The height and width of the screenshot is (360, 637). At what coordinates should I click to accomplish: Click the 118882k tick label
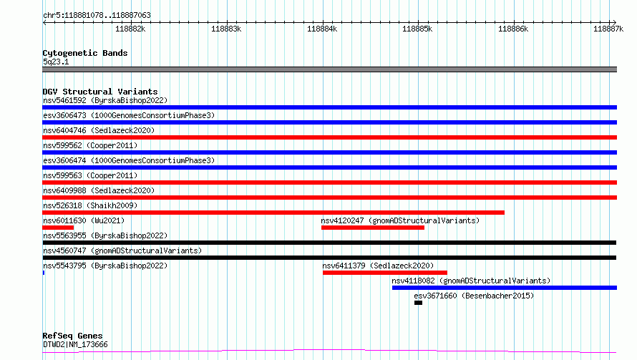tap(130, 29)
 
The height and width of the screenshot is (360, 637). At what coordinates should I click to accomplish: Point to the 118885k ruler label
tap(417, 29)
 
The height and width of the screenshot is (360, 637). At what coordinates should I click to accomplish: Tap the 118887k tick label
tap(608, 29)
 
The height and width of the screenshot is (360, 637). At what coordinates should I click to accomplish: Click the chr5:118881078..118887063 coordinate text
tap(97, 15)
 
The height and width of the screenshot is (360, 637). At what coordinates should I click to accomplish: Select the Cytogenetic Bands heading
tap(85, 53)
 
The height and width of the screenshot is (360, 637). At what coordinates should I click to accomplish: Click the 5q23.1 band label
tap(56, 62)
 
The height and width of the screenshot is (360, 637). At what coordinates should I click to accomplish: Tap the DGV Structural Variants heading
tap(100, 92)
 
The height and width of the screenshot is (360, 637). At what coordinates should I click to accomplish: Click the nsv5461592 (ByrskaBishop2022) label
tap(105, 100)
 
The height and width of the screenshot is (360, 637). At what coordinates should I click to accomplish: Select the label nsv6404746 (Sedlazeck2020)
tap(99, 130)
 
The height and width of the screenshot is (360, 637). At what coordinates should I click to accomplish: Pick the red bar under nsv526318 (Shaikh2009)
tap(273, 213)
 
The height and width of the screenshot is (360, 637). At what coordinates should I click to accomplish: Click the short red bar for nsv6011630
tap(58, 228)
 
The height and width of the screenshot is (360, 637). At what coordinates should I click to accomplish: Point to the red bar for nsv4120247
tap(372, 228)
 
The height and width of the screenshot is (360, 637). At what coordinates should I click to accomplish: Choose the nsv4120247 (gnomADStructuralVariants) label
tap(400, 220)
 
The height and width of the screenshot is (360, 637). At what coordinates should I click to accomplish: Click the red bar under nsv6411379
tap(385, 273)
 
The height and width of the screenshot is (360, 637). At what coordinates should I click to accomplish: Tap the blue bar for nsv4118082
tap(505, 288)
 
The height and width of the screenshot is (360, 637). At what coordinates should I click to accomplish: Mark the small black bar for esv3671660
tap(419, 303)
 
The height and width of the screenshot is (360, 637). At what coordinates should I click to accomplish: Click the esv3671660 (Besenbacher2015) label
tap(474, 296)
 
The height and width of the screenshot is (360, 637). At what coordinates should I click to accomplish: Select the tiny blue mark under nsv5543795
tap(44, 273)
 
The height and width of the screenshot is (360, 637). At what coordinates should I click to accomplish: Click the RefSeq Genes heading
tap(73, 336)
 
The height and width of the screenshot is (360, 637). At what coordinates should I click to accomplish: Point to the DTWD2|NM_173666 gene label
tap(76, 344)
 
